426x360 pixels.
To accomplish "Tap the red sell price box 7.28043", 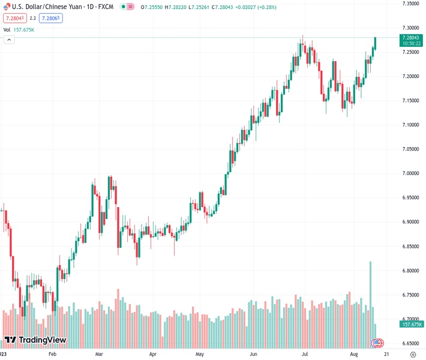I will [x=13, y=18].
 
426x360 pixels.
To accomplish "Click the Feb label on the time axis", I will [x=52, y=355].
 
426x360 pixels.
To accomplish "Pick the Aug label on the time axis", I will [x=354, y=355].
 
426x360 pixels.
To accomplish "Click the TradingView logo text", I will [x=42, y=340].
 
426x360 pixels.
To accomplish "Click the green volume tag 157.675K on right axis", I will [x=411, y=324].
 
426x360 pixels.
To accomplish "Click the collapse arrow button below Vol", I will [x=9, y=40].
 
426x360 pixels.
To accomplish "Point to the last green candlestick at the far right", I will [x=376, y=43].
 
